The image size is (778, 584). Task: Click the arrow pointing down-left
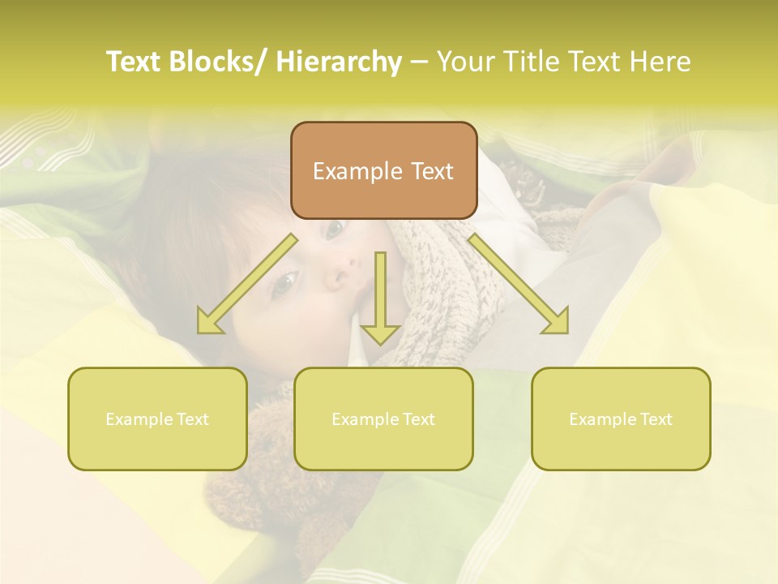[x=247, y=284]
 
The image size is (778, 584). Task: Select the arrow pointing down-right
[x=519, y=284]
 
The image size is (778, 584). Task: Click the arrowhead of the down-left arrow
[x=209, y=322]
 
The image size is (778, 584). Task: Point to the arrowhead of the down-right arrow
[x=557, y=322]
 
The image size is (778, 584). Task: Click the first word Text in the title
[x=133, y=62]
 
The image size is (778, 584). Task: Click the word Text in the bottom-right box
[x=655, y=419]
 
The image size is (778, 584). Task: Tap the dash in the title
[x=419, y=62]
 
